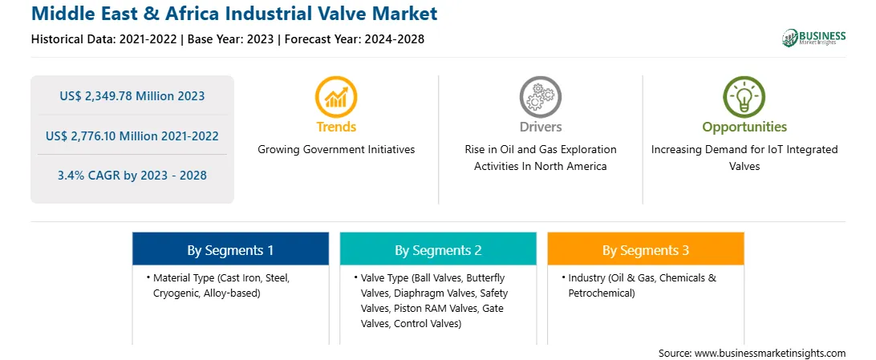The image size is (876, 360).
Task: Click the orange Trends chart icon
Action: click(336, 98)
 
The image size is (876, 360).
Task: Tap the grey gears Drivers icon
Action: click(540, 98)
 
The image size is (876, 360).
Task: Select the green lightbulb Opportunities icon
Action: click(744, 98)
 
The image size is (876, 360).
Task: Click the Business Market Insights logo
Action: click(813, 38)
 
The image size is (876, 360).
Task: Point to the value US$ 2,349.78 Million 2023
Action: click(132, 96)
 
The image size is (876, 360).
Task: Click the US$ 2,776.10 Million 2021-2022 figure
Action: click(132, 136)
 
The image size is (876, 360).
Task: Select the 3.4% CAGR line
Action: click(132, 176)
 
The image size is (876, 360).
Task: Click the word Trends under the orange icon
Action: click(336, 127)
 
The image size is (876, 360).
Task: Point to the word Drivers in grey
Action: click(540, 127)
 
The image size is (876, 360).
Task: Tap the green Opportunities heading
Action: click(744, 127)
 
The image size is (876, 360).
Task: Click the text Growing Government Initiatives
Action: click(336, 150)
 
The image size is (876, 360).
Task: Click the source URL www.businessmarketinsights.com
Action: click(770, 354)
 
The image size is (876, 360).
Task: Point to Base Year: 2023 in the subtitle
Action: click(231, 39)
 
